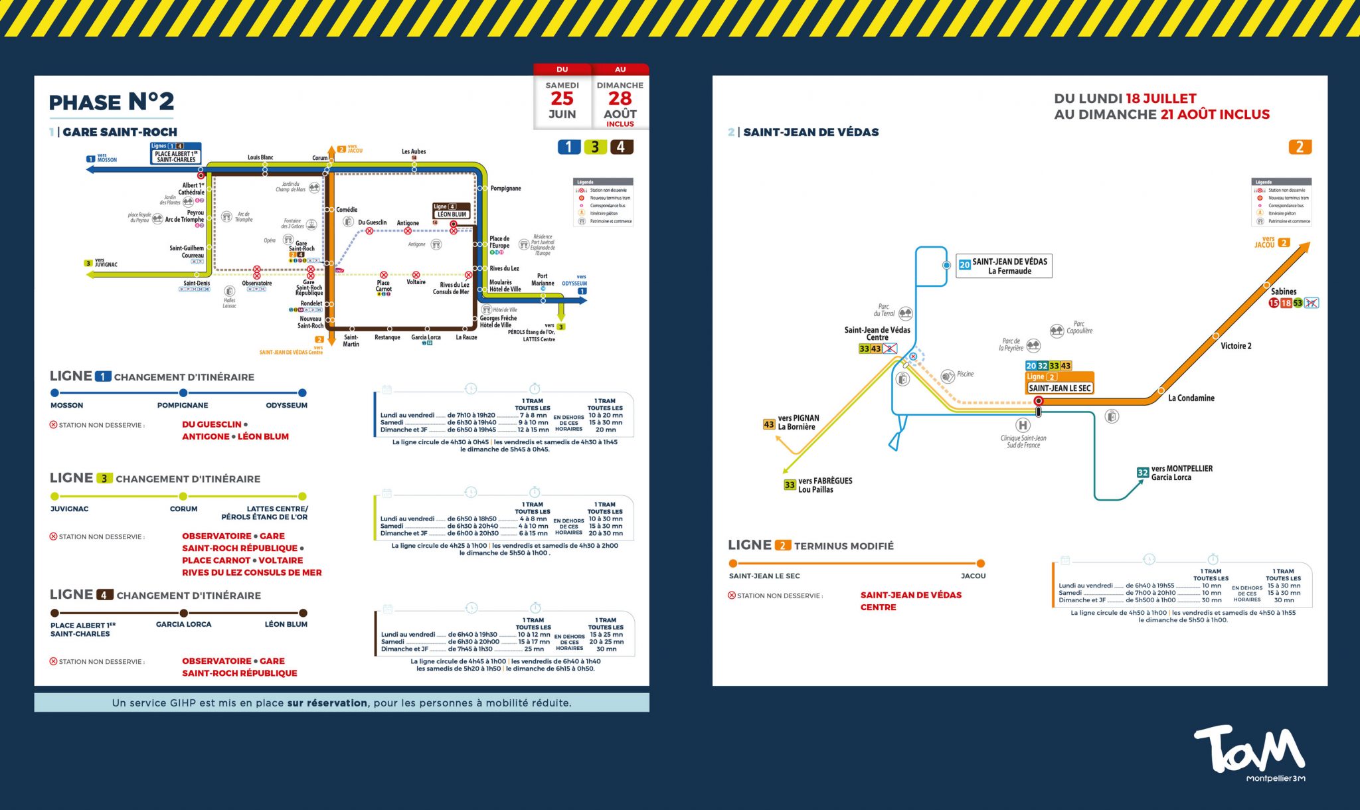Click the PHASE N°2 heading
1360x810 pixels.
(x=112, y=102)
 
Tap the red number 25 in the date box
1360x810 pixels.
(x=562, y=98)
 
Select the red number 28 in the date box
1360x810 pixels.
(x=620, y=98)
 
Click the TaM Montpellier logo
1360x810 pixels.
(x=1249, y=753)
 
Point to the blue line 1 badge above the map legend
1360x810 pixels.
(x=568, y=147)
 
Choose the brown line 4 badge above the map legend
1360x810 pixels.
(x=621, y=147)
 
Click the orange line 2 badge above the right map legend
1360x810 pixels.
(x=1300, y=147)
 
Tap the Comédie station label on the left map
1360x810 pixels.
(x=347, y=210)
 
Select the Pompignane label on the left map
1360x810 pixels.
(x=505, y=189)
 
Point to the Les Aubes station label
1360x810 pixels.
(x=414, y=151)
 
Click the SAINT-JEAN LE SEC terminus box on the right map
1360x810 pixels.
(x=1059, y=388)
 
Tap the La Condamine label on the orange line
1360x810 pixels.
(x=1191, y=398)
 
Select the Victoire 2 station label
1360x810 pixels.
(x=1236, y=346)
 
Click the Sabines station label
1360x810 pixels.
(x=1284, y=291)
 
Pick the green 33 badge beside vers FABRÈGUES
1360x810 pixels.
(x=790, y=485)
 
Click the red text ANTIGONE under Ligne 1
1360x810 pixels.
(x=206, y=437)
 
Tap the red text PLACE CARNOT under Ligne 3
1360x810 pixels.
(x=216, y=560)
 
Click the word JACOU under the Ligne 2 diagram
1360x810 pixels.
(x=973, y=576)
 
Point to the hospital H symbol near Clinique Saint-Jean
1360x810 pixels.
(x=1023, y=425)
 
